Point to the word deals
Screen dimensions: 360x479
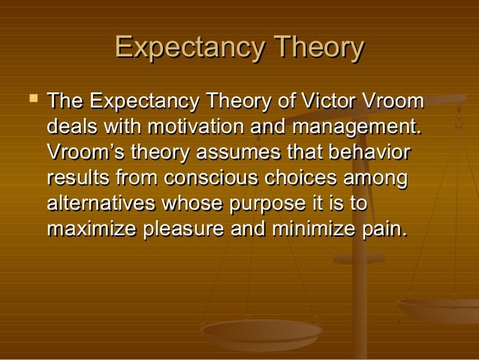[72, 126]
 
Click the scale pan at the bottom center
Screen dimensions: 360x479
[261, 331]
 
